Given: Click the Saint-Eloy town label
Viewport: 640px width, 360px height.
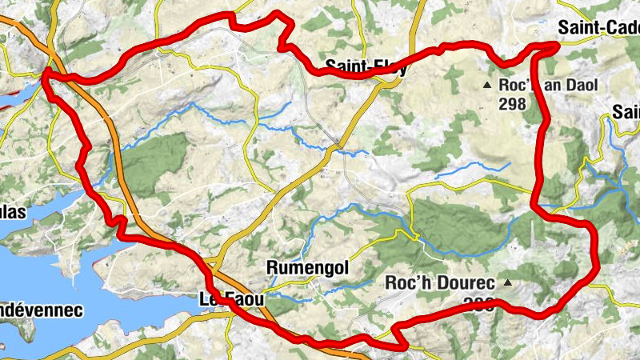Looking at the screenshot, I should [x=366, y=68].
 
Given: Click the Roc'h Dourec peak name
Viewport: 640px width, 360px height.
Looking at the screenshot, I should [x=442, y=282].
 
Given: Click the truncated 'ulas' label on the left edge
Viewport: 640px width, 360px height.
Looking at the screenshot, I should [x=13, y=212].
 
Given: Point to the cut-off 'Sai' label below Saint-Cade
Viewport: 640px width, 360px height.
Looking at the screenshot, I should [x=626, y=111].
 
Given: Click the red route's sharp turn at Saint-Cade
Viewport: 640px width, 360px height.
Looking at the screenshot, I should [x=555, y=46].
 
